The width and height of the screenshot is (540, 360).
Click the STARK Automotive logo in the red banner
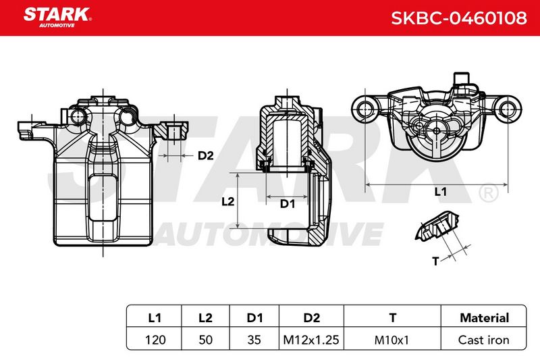pyautogui.click(x=57, y=18)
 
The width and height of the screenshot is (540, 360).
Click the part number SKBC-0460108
pyautogui.click(x=459, y=18)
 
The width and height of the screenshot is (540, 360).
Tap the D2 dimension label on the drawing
pyautogui.click(x=206, y=156)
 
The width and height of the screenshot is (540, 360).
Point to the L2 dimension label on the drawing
pyautogui.click(x=227, y=201)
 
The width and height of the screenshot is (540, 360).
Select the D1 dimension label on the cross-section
pyautogui.click(x=288, y=204)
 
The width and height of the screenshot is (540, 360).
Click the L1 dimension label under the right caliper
pyautogui.click(x=441, y=192)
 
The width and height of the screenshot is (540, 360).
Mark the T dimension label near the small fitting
pyautogui.click(x=435, y=261)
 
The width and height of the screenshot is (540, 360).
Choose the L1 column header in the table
pyautogui.click(x=155, y=317)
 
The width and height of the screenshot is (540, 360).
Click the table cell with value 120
pyautogui.click(x=155, y=340)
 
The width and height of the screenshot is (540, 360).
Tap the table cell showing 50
pyautogui.click(x=206, y=340)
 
